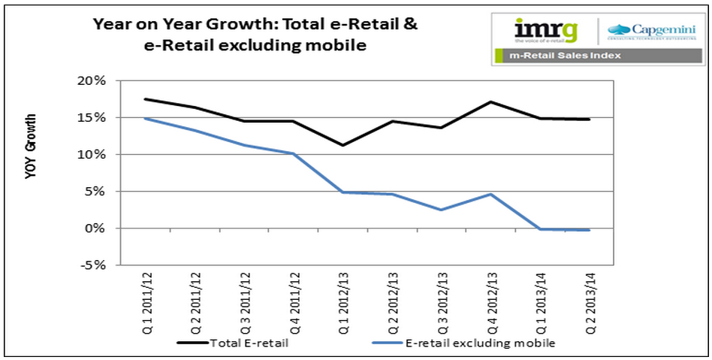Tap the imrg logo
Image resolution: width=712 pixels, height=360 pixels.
pos(546,31)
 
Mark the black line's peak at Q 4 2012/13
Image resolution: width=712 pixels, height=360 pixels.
pos(490,101)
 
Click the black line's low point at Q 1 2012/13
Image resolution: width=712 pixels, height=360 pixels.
pos(342,145)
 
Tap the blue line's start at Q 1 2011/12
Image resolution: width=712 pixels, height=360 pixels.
pos(145,119)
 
